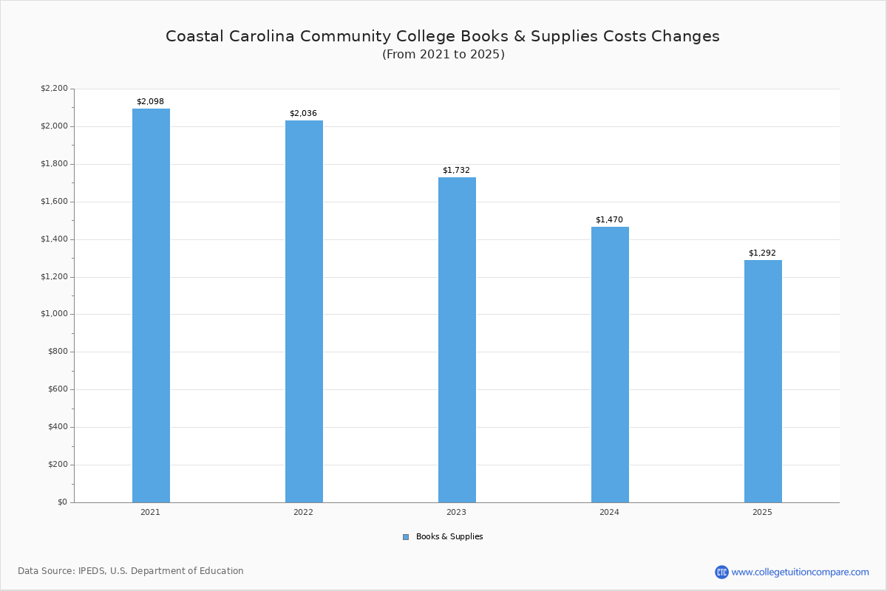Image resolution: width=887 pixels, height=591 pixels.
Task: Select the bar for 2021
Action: click(151, 305)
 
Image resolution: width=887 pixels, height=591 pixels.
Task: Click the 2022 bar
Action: click(304, 311)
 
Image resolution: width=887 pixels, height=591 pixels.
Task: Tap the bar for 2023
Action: click(457, 340)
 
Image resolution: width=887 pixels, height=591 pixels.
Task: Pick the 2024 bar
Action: click(610, 364)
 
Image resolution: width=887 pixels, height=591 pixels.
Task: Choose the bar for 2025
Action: click(763, 381)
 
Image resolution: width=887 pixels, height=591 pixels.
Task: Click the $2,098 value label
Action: click(150, 102)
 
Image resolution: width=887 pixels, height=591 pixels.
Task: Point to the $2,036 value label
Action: click(303, 114)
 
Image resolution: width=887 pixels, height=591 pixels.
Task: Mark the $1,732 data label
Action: click(456, 171)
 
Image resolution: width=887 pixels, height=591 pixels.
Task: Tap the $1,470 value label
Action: click(609, 220)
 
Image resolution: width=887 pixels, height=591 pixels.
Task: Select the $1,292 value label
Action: click(762, 253)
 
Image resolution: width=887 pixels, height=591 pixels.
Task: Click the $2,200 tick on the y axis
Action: click(54, 89)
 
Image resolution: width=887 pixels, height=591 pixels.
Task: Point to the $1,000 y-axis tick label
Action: click(54, 314)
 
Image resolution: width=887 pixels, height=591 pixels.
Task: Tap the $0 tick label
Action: click(61, 502)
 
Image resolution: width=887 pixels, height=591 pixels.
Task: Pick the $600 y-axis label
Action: click(57, 389)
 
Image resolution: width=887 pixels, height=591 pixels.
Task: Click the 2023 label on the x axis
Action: click(456, 512)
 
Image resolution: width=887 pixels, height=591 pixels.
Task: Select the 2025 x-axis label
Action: click(762, 512)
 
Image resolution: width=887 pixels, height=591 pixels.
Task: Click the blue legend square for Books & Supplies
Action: click(406, 537)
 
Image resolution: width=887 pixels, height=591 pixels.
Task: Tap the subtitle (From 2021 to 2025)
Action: click(443, 55)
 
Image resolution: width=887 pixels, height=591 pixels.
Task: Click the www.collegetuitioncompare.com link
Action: click(800, 572)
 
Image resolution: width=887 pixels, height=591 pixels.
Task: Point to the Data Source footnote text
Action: click(131, 571)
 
